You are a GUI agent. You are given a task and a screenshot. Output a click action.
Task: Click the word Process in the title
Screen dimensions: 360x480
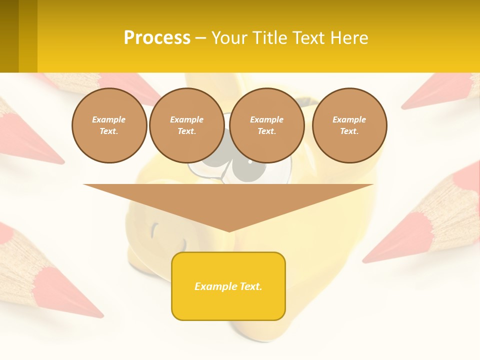coord(157,38)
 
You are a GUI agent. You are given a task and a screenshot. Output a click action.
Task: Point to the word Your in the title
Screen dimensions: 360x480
coord(231,38)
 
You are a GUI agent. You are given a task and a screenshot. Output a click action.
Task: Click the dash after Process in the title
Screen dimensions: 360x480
coord(200,38)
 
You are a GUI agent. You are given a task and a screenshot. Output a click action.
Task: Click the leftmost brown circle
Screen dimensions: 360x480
coord(109,125)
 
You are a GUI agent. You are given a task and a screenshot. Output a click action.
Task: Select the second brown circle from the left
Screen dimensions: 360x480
coord(187,125)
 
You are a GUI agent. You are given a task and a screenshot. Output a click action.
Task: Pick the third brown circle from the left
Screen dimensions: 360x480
coord(267,125)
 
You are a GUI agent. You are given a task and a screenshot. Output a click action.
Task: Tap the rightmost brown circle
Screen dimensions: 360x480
coord(349,125)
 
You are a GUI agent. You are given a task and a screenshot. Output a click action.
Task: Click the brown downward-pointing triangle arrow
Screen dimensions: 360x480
coord(228,202)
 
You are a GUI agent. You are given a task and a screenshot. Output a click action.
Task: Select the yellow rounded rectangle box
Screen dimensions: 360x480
coord(228,286)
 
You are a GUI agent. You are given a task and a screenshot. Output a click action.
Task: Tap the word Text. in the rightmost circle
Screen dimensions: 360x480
coord(349,131)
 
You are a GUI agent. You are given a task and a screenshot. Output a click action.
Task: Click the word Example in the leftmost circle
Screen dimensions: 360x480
coord(109,119)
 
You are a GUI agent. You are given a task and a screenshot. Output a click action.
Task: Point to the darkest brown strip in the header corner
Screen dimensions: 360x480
coord(9,36)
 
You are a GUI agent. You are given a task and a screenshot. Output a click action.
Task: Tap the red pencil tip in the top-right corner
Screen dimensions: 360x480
coord(440,90)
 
